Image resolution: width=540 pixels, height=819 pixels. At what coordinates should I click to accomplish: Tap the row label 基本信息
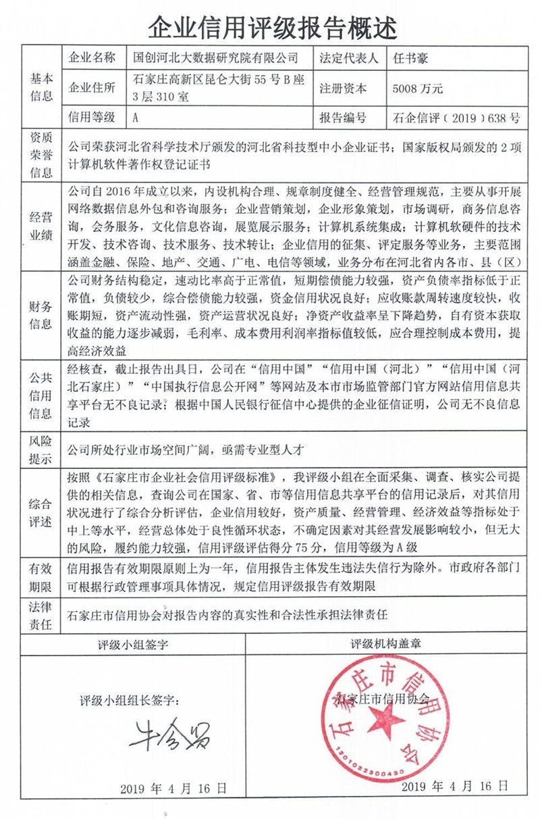(x=40, y=88)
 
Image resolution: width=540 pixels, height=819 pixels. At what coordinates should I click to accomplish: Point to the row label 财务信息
(x=40, y=314)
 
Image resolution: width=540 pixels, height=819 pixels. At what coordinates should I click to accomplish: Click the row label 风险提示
(x=40, y=451)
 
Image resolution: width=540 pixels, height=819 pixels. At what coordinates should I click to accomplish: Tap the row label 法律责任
(x=40, y=616)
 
